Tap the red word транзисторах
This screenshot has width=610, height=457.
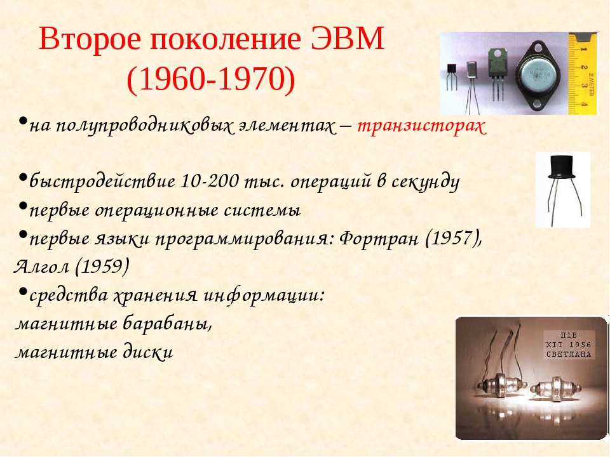click(x=422, y=126)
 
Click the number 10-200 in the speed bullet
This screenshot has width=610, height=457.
click(x=210, y=181)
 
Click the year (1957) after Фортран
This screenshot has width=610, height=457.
click(x=454, y=238)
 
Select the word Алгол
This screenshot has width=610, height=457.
click(x=42, y=266)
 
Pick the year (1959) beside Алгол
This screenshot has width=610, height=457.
click(x=102, y=266)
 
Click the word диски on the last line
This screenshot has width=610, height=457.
click(x=148, y=352)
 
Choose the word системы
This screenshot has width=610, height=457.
click(x=262, y=210)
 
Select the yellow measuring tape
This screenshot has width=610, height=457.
click(x=582, y=74)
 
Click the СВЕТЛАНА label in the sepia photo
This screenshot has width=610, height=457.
click(x=568, y=354)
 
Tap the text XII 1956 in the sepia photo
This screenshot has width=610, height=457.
click(x=568, y=345)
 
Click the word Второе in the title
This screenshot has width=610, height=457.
click(x=90, y=39)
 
